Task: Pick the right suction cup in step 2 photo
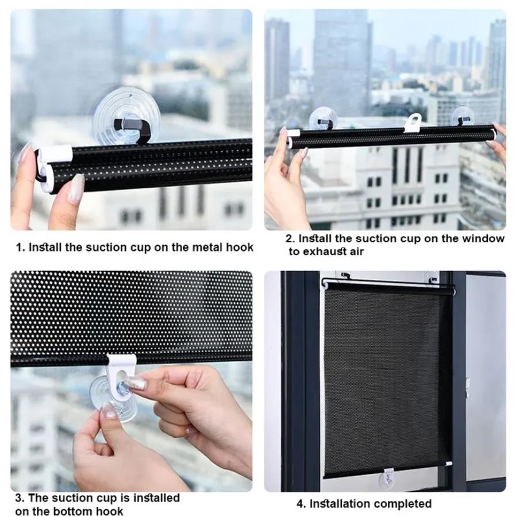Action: click(x=463, y=117)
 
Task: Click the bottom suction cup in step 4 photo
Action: click(x=388, y=479)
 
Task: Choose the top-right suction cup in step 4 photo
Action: click(x=432, y=277)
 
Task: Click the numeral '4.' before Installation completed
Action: click(x=301, y=504)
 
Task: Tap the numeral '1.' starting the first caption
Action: click(x=21, y=247)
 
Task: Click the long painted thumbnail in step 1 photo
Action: click(x=76, y=189)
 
